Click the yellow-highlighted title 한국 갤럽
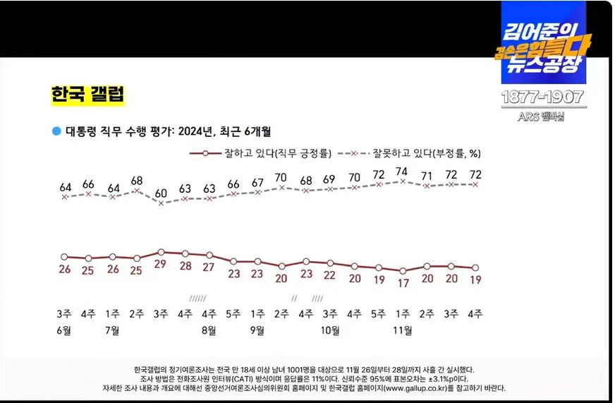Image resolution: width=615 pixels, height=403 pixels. (x=87, y=95)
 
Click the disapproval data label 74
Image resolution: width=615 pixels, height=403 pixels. (x=402, y=171)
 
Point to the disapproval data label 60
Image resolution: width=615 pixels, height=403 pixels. (x=161, y=193)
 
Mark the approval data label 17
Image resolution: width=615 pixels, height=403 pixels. (x=402, y=282)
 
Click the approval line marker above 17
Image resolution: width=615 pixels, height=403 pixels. (x=402, y=270)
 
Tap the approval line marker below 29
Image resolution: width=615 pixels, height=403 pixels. (x=161, y=251)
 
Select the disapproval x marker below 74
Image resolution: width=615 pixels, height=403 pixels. (x=402, y=181)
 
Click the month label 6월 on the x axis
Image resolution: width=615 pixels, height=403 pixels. (x=64, y=330)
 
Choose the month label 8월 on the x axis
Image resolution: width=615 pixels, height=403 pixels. (x=209, y=330)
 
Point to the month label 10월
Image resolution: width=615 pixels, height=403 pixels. (x=330, y=330)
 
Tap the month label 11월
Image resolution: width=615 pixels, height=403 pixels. (x=402, y=330)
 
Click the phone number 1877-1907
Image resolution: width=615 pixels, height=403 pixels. (x=543, y=97)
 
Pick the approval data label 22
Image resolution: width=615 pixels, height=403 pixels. (x=330, y=275)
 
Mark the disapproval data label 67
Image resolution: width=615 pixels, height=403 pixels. (x=257, y=183)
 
